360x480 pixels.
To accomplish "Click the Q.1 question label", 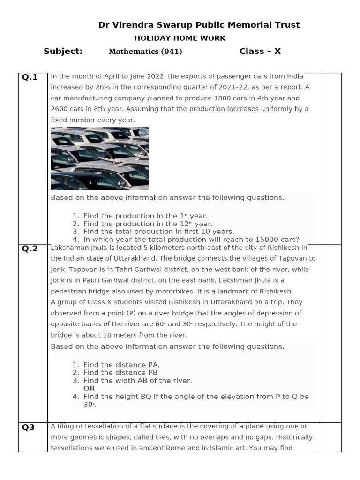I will [30, 77].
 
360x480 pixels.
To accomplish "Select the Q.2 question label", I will [30, 248].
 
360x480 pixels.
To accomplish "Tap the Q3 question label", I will [29, 427].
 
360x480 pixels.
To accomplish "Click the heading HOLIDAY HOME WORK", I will [180, 38].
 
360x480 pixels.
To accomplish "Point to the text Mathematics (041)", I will [145, 52].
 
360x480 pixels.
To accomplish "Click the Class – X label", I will [260, 51].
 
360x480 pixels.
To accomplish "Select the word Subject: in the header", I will [63, 51].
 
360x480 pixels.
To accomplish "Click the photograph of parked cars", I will [99, 158].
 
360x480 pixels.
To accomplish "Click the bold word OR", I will [89, 388].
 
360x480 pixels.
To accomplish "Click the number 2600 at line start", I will [59, 109].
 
